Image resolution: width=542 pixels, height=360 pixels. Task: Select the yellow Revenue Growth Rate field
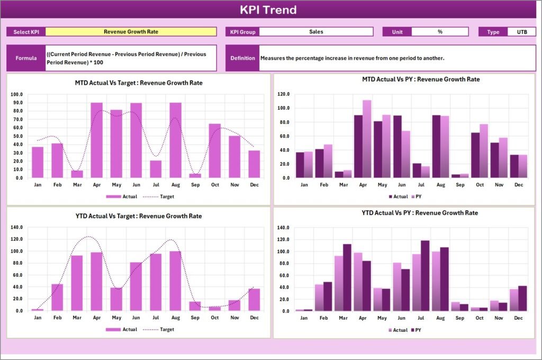131,32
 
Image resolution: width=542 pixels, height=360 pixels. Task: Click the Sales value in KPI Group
316,32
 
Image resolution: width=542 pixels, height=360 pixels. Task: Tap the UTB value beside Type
521,32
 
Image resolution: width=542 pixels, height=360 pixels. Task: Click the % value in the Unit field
440,32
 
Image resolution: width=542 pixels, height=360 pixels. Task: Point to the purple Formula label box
26,58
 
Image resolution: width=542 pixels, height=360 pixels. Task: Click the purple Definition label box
242,58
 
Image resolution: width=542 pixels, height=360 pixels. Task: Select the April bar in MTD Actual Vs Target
96,140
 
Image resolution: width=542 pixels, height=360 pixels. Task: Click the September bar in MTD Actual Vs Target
195,175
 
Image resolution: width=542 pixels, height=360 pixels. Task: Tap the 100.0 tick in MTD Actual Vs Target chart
16,94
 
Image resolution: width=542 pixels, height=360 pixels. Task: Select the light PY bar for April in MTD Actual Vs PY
367,139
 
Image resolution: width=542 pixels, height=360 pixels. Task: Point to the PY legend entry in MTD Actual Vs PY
417,196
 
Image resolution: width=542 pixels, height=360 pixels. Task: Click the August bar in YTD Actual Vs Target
175,281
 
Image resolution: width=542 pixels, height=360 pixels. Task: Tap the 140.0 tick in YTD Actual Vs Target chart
16,227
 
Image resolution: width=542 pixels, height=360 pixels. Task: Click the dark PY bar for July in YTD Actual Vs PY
425,276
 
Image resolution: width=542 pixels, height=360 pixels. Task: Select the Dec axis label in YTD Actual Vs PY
518,318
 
